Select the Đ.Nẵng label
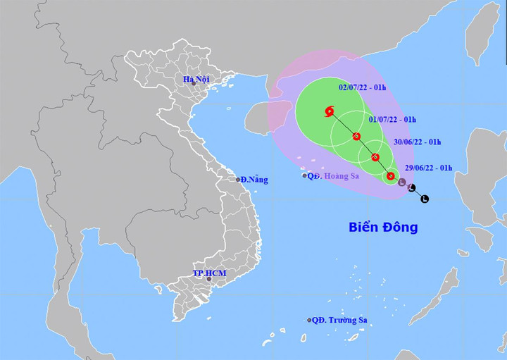tap(255, 180)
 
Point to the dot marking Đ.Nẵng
tap(238, 180)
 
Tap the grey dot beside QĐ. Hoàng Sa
tap(305, 175)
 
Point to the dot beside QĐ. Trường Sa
tap(309, 320)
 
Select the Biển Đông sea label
tap(383, 228)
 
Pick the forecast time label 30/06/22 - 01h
tap(418, 142)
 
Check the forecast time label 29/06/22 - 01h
tap(429, 168)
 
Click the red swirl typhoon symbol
tap(330, 111)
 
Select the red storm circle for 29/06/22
tap(390, 176)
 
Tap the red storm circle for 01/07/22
tap(357, 136)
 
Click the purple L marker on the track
tap(401, 183)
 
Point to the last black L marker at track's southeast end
tap(425, 199)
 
